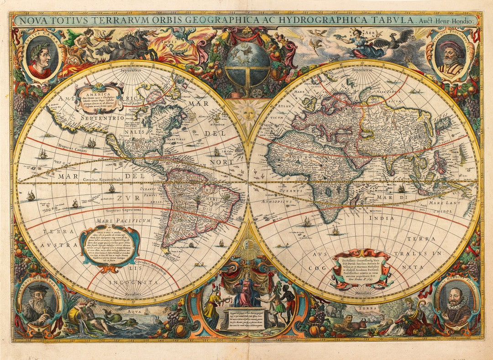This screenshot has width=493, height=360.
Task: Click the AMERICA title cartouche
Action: point(99,97)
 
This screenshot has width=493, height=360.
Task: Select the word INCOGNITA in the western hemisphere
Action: point(133,282)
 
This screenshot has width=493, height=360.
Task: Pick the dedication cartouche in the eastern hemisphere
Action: point(361,269)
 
